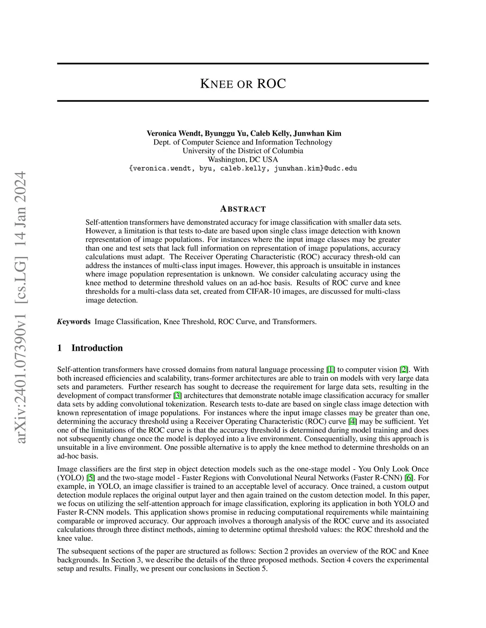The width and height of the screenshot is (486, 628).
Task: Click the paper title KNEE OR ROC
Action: click(x=243, y=84)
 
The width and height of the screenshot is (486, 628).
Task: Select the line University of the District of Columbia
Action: click(x=243, y=151)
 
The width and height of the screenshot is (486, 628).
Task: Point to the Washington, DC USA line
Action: click(x=243, y=159)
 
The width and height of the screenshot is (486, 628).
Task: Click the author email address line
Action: click(x=243, y=168)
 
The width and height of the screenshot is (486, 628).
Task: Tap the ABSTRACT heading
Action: click(x=243, y=209)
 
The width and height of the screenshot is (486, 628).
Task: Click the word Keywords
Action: click(x=74, y=322)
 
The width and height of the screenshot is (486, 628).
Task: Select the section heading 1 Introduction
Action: click(x=90, y=348)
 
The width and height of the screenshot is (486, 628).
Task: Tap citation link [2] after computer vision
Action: click(x=404, y=370)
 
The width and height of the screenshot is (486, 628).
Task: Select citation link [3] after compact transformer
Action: click(x=178, y=396)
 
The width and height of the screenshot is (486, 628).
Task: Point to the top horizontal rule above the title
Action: click(x=243, y=64)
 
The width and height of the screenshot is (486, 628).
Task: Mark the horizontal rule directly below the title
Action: click(x=243, y=101)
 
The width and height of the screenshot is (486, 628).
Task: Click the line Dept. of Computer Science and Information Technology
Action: click(x=243, y=142)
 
